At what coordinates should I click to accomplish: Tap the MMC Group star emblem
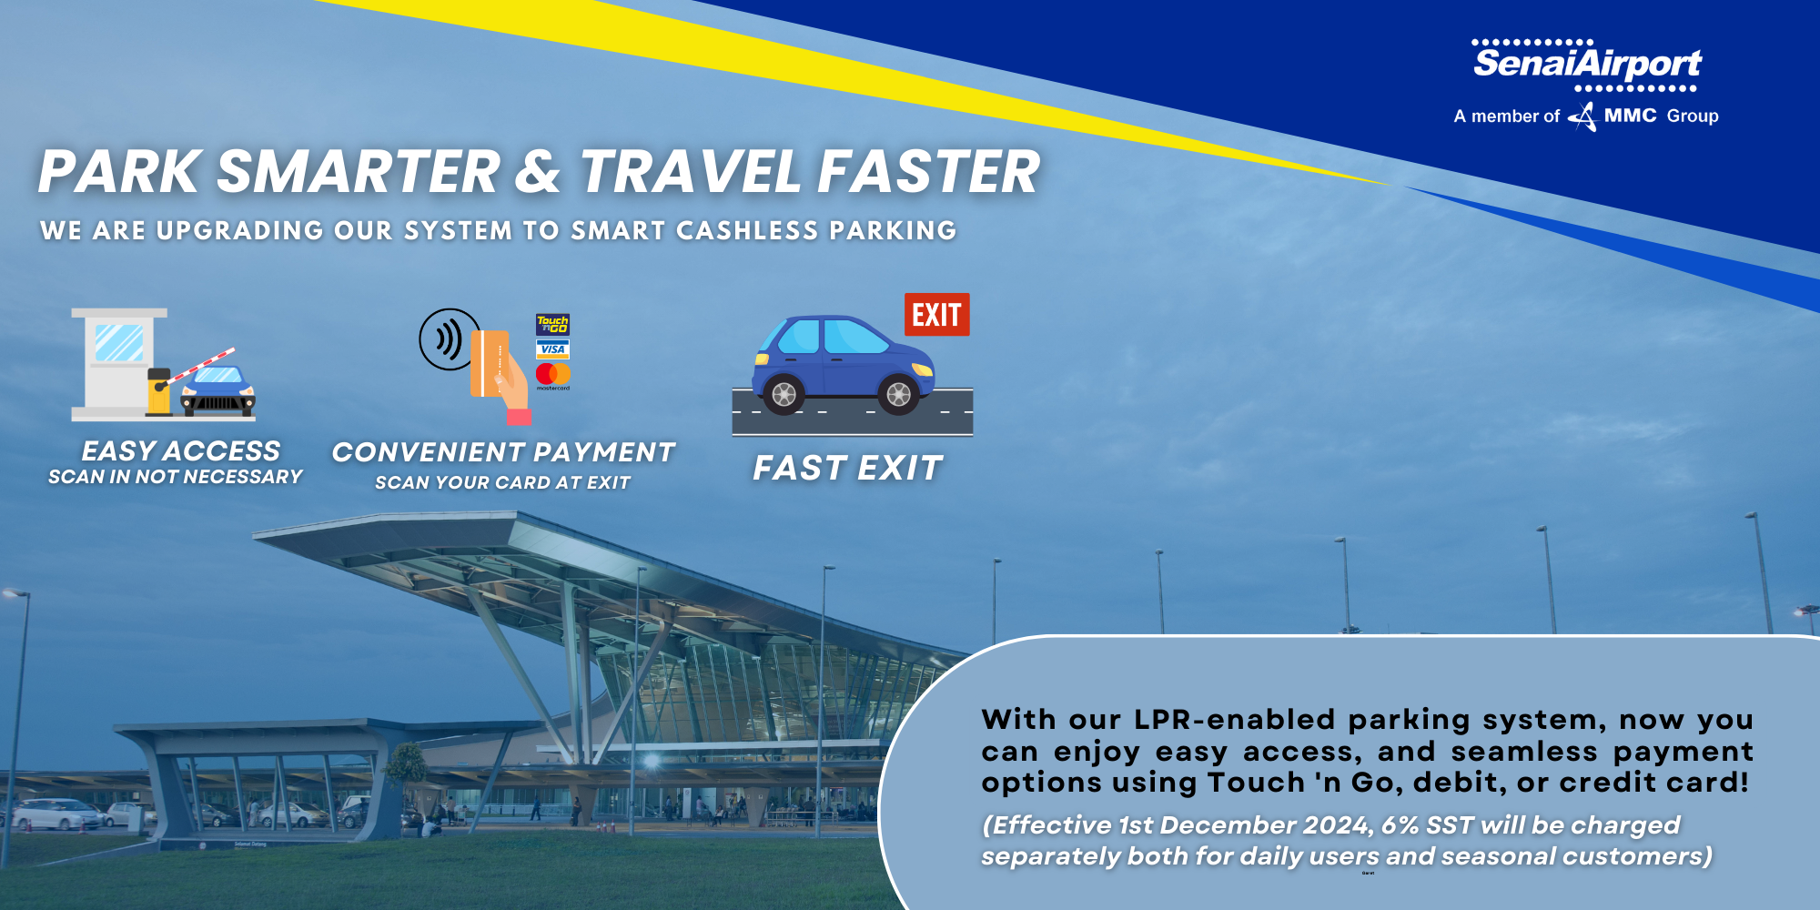click(x=1584, y=116)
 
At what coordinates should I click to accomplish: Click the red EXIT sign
click(x=936, y=315)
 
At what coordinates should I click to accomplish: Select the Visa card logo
click(x=552, y=349)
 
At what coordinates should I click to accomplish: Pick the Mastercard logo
click(x=552, y=374)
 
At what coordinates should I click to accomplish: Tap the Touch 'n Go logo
click(x=552, y=324)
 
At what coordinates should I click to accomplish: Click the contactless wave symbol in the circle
click(x=448, y=339)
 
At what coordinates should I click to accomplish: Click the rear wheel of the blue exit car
click(x=784, y=394)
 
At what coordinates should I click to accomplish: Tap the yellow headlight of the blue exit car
click(x=922, y=369)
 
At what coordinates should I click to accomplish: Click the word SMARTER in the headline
click(x=359, y=172)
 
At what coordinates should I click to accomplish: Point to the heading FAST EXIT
click(x=847, y=468)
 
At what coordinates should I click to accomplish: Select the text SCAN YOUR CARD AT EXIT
click(x=502, y=483)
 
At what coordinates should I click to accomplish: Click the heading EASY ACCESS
click(x=180, y=450)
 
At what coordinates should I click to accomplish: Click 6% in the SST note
click(x=1400, y=825)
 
